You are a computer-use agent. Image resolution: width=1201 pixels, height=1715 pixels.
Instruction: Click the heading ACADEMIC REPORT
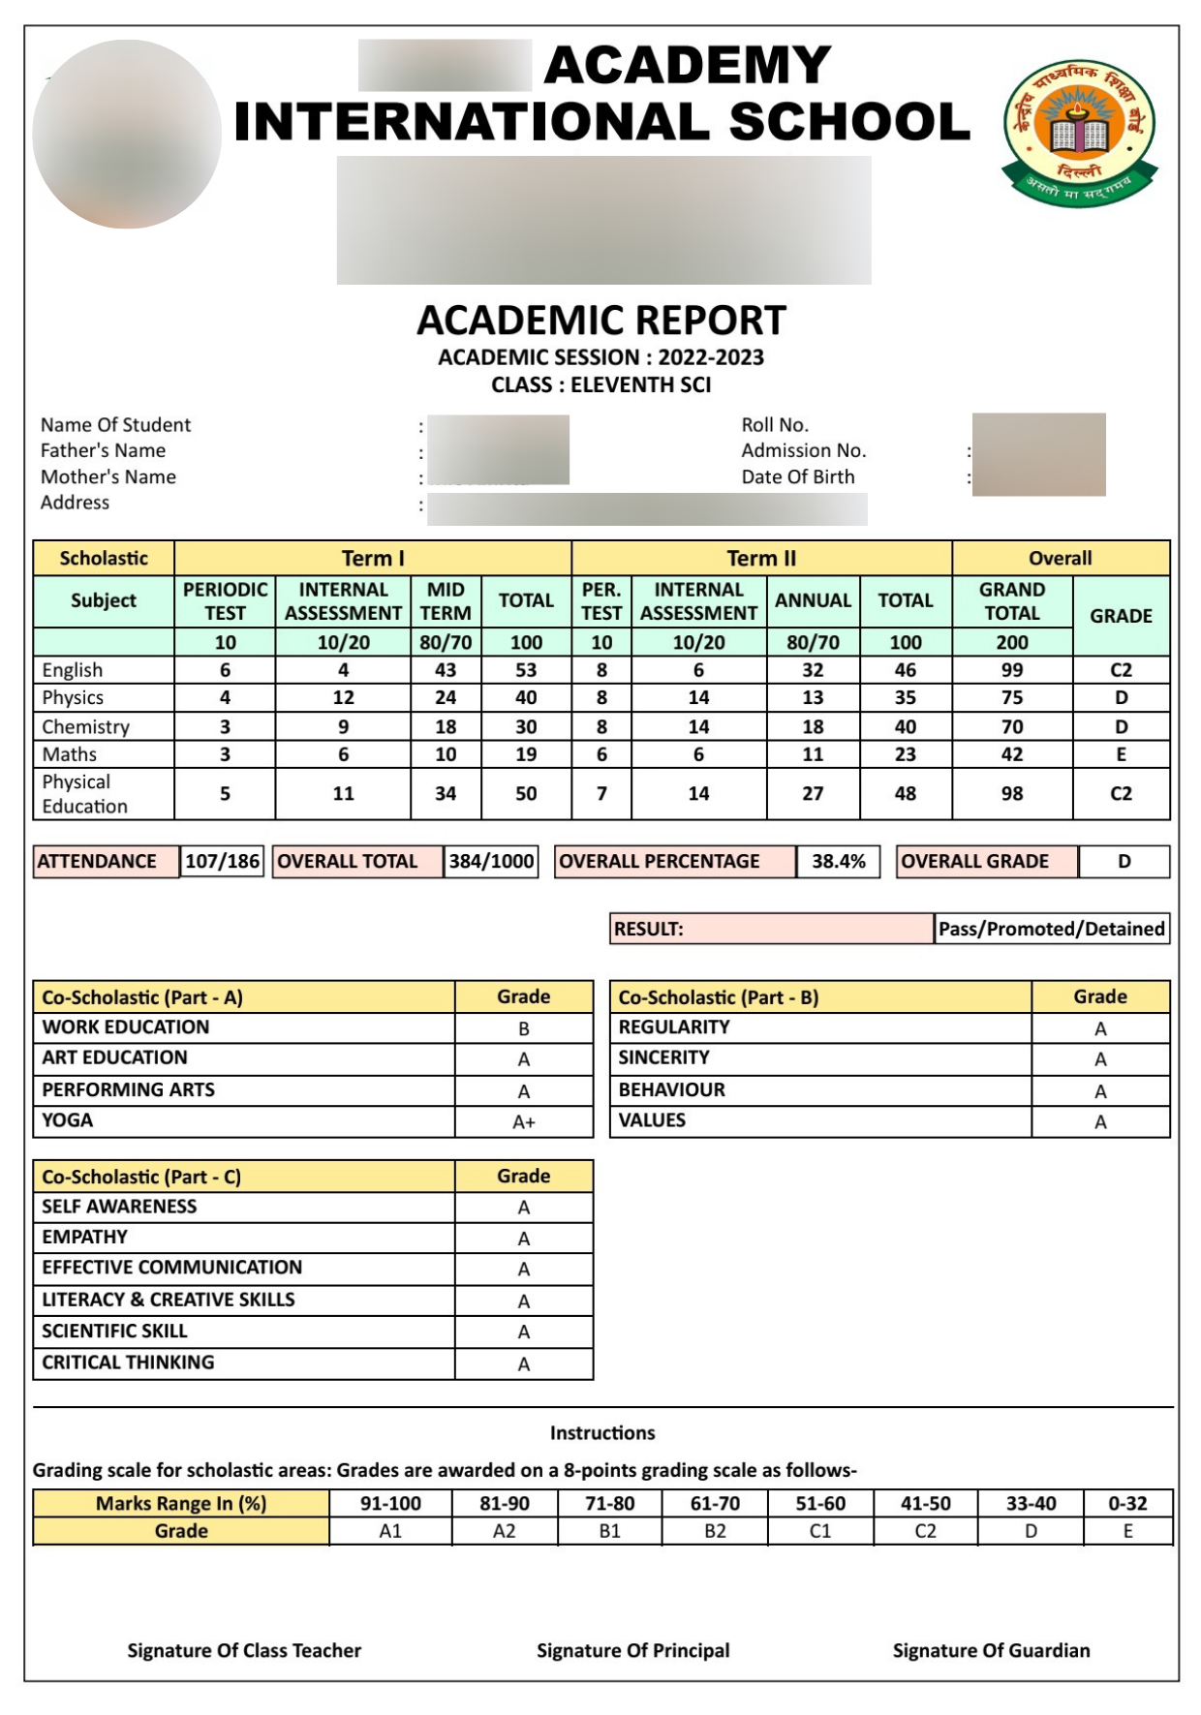point(600,321)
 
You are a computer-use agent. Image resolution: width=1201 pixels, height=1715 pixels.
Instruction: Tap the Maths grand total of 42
point(1011,754)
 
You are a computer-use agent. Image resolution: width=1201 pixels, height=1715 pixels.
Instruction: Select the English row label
point(73,670)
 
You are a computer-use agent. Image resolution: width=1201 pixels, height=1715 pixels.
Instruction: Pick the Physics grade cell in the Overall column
point(1121,697)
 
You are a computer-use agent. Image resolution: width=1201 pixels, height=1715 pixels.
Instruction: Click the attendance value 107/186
point(222,861)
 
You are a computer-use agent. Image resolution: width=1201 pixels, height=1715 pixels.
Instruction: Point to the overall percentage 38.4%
point(838,861)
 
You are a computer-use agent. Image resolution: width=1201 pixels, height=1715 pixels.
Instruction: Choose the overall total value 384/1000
point(491,861)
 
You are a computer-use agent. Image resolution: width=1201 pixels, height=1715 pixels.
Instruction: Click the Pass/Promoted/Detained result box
point(1051,929)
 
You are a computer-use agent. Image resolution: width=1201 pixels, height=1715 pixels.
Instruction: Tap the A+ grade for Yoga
point(523,1122)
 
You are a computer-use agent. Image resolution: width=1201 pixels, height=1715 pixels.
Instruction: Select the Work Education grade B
point(523,1028)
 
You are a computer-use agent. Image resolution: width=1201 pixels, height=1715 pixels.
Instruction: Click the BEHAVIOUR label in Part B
point(671,1089)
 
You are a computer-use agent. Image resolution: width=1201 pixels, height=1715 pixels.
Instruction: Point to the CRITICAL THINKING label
point(128,1363)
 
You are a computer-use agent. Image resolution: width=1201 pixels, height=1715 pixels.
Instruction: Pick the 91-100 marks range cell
point(390,1503)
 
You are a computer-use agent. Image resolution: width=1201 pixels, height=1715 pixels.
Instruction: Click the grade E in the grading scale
point(1127,1531)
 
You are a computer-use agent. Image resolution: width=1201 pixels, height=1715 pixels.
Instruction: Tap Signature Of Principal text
point(632,1650)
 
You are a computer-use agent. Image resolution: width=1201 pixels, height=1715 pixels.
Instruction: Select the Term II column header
point(761,558)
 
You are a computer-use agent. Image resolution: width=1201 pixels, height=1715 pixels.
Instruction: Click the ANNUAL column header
point(813,600)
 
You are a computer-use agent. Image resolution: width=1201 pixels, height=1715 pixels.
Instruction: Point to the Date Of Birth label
point(798,476)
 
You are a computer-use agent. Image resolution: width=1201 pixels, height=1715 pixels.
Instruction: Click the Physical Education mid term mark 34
point(445,793)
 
